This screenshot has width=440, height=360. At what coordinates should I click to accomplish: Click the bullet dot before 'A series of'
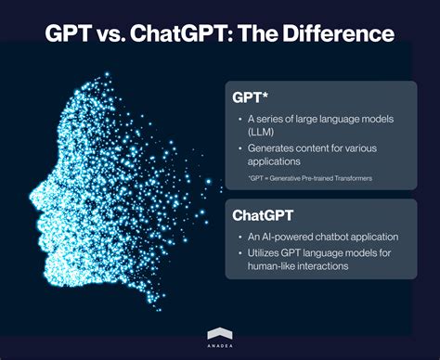pos(242,118)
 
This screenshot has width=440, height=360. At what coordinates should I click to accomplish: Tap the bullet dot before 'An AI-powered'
pos(242,238)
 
